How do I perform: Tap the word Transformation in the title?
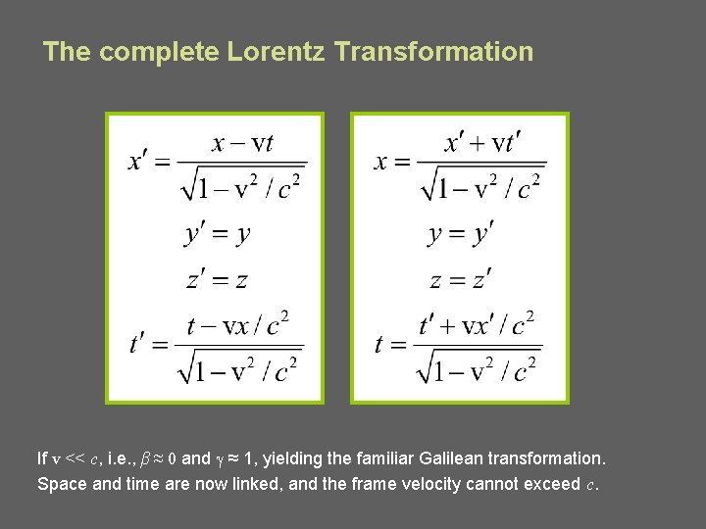coord(433,52)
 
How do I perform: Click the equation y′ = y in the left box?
coord(217,234)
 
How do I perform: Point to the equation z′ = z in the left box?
coord(217,280)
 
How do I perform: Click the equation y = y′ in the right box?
coord(460,234)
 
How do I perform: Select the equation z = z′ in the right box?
coord(460,280)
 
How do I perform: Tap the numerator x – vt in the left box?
coord(243,143)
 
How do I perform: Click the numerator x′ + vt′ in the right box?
coord(482,143)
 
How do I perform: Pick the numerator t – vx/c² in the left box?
coord(238,324)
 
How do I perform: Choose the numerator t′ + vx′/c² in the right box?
coord(477,324)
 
